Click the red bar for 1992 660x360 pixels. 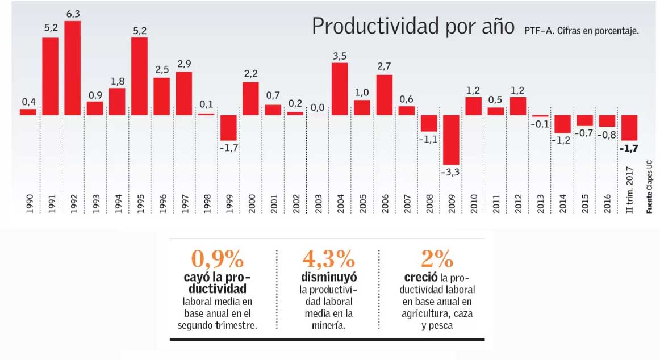72,68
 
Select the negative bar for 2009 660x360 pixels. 451,140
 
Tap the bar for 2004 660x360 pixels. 340,89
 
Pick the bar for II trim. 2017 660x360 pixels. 629,128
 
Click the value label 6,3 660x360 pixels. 72,12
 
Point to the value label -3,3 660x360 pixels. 450,172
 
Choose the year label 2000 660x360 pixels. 252,203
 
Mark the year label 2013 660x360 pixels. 540,203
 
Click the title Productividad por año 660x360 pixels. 412,26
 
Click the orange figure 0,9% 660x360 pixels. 217,259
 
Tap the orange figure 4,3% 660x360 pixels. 328,259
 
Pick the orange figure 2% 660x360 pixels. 437,259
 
